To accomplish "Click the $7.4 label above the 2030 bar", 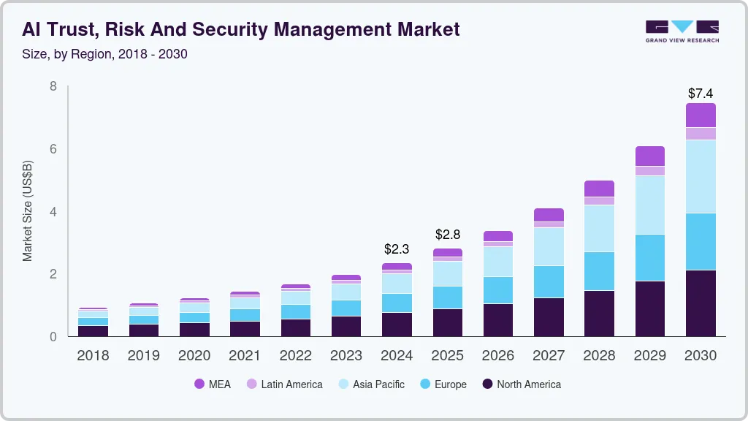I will click(701, 94).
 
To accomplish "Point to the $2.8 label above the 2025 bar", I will click(448, 235).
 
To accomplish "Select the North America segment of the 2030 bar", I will click(701, 303).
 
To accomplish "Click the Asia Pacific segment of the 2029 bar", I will click(649, 205).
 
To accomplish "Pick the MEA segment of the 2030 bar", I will click(701, 115).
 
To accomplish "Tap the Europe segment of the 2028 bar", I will click(599, 271).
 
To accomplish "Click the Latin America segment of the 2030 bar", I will click(701, 133).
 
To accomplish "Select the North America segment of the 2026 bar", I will click(498, 320).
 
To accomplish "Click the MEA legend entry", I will click(212, 384).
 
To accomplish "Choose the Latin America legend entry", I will click(284, 384).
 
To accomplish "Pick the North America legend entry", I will click(521, 384).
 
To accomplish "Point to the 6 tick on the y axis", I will click(53, 149).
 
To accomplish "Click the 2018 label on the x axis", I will click(93, 356).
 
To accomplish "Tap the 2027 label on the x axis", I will click(549, 356).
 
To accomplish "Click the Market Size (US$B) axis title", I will click(27, 211).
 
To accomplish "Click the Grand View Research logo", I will click(682, 31).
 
